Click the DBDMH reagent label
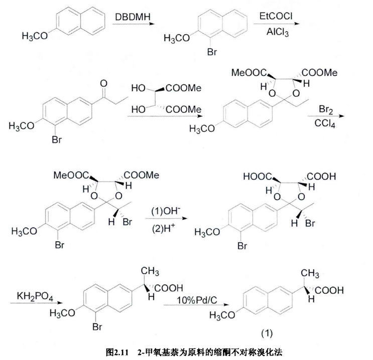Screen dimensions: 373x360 click(133, 17)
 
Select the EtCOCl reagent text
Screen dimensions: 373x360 click(276, 16)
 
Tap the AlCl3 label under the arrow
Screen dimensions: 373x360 click(278, 32)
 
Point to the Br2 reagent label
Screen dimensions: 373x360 click(326, 109)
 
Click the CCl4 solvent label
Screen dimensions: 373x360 click(325, 123)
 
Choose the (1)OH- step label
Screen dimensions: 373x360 click(166, 211)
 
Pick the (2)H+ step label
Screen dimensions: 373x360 click(164, 228)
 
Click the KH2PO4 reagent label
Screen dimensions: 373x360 click(35, 296)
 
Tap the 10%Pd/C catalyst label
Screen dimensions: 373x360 click(197, 300)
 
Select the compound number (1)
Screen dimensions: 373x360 click(267, 333)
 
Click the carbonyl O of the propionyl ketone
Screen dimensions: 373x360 click(103, 83)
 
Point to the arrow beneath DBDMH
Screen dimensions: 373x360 click(134, 24)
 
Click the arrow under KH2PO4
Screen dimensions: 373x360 click(36, 303)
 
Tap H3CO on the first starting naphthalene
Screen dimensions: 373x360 click(35, 36)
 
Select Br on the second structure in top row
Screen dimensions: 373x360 click(212, 52)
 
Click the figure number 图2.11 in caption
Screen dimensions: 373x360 click(117, 352)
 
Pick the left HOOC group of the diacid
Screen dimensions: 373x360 click(258, 176)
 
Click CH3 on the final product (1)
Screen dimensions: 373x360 click(310, 273)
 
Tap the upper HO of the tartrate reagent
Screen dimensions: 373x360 click(138, 88)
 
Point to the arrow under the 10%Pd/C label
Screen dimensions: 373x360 click(196, 305)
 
